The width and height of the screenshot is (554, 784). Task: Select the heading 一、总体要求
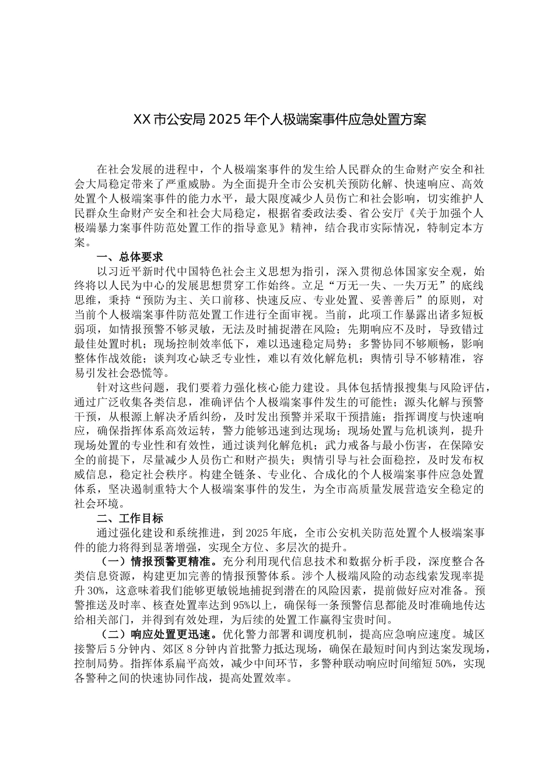[x=129, y=257]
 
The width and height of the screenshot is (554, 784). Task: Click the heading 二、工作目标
[x=129, y=518]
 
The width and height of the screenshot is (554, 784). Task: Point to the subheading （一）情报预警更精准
[x=154, y=562]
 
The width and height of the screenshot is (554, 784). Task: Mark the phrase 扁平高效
[x=198, y=663]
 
